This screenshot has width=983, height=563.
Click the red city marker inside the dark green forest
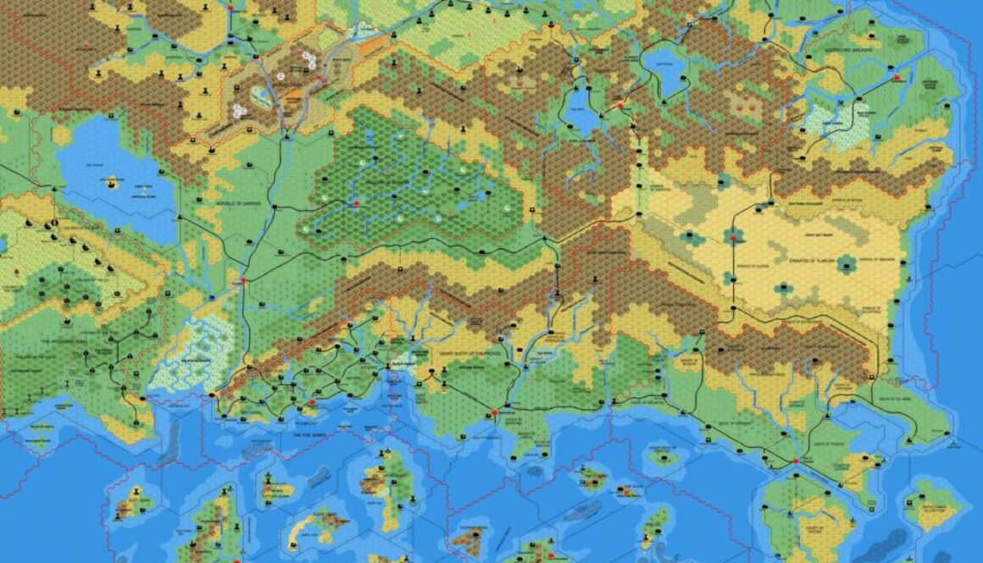[357, 203]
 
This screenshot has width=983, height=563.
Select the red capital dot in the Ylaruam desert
[733, 240]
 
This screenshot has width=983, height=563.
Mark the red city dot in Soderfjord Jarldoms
[897, 78]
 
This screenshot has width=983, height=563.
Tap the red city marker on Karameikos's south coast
[494, 413]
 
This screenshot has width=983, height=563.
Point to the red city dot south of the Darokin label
[243, 279]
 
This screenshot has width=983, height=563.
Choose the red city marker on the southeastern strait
[796, 461]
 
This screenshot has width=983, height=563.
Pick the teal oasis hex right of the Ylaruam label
[845, 265]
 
